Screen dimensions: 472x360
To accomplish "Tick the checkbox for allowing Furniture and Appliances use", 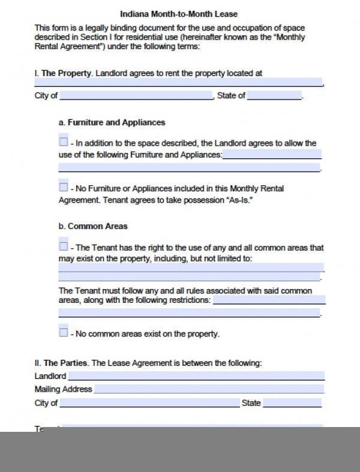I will pos(64,142).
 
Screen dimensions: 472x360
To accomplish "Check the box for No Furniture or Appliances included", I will pos(64,187).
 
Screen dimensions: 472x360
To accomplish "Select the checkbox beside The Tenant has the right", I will pos(64,246).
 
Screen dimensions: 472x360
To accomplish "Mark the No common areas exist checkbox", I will pos(64,332).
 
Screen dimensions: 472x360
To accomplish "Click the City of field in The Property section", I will pos(136,96).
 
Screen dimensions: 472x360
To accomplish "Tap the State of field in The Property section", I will pos(274,96).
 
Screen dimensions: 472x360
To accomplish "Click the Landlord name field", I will pos(196,377).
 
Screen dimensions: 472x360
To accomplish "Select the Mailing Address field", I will pos(208,389).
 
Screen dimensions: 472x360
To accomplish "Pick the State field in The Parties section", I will pos(292,404).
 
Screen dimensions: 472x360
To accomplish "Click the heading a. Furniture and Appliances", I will pos(112,122).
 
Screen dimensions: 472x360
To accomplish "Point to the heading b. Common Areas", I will pos(93,227).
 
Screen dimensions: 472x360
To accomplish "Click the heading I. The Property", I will pos(62,73).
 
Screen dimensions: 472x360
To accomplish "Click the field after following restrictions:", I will pos(269,300).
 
